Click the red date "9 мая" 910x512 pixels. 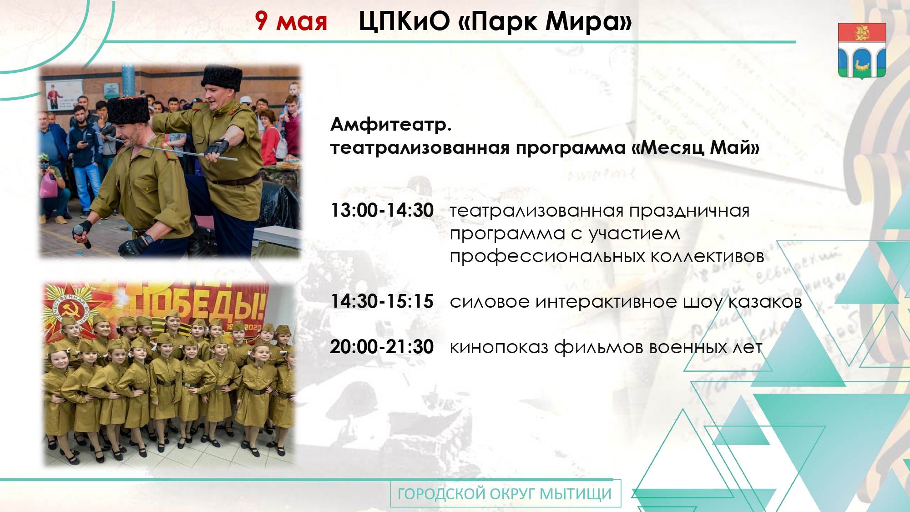pos(291,21)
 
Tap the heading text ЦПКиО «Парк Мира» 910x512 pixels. pos(495,21)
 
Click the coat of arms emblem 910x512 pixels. pos(862,51)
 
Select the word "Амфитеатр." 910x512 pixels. pos(391,124)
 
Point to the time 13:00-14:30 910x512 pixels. pos(382,210)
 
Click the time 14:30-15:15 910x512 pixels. pos(382,301)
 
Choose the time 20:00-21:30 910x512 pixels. pos(382,347)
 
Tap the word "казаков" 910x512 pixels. pos(765,302)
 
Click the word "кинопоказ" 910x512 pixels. pos(499,347)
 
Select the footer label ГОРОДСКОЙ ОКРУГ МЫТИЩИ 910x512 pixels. pos(505,494)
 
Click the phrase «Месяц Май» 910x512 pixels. pos(696,147)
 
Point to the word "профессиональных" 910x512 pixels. pos(547,257)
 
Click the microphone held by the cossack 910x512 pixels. pos(82,235)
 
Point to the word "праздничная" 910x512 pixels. pos(689,211)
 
